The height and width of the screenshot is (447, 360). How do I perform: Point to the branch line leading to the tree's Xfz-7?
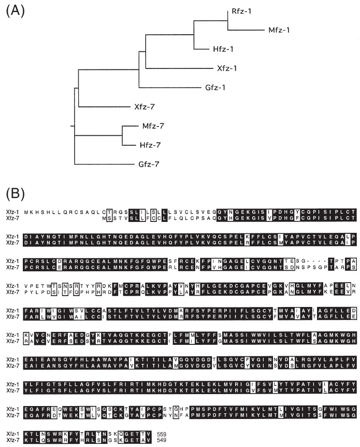101,107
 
